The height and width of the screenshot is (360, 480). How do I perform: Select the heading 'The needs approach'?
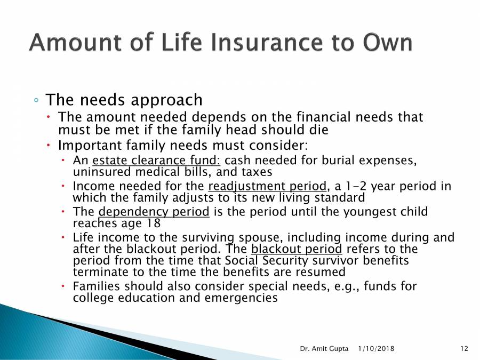click(124, 100)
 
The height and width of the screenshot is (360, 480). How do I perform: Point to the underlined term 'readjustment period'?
click(267, 187)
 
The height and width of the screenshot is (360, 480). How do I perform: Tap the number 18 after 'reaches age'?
click(153, 223)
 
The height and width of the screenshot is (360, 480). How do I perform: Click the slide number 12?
click(463, 348)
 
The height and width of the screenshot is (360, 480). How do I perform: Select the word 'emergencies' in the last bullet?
click(241, 298)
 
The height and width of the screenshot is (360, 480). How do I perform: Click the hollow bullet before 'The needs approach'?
click(36, 101)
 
